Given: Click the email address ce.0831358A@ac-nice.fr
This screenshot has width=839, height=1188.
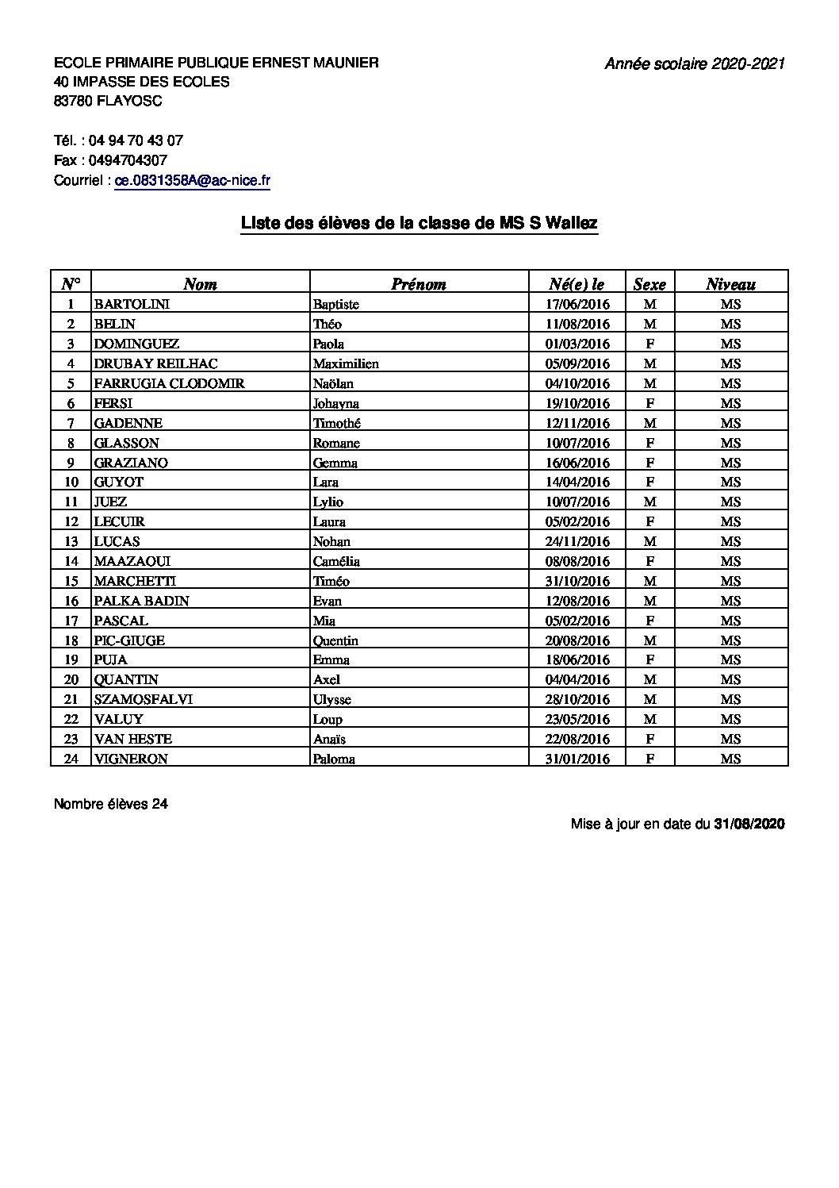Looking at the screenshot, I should [x=193, y=181].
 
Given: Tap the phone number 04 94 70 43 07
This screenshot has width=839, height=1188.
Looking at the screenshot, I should [x=136, y=140].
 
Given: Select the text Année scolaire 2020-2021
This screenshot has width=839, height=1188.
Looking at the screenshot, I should [x=694, y=64].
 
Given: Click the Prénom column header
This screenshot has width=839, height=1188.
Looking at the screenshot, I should [x=418, y=284].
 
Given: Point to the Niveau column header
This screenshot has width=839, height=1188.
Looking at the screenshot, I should [x=730, y=284].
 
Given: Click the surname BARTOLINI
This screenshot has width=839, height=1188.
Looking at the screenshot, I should [x=132, y=304].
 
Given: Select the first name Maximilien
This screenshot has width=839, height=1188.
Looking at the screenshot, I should [x=345, y=363].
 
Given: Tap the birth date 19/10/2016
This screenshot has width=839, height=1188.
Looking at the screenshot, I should [x=577, y=403].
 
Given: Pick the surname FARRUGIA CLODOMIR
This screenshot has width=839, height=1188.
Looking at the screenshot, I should [x=169, y=383].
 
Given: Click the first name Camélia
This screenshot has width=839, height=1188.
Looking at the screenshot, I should [x=336, y=561].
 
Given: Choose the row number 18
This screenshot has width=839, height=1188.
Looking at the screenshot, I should [x=71, y=640].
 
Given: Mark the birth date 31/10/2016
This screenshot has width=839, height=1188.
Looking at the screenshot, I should [x=577, y=581].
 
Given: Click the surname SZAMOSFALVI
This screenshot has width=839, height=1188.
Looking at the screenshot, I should [x=143, y=699].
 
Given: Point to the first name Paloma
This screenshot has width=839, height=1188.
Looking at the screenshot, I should [x=334, y=759].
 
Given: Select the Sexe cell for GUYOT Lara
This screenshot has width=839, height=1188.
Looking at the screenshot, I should [x=649, y=482].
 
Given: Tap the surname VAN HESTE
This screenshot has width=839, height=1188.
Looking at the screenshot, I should [x=132, y=739].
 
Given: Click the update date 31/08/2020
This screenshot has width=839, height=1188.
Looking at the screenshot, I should [x=749, y=824].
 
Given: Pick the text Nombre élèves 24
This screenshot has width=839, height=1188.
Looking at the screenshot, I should [x=111, y=804].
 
